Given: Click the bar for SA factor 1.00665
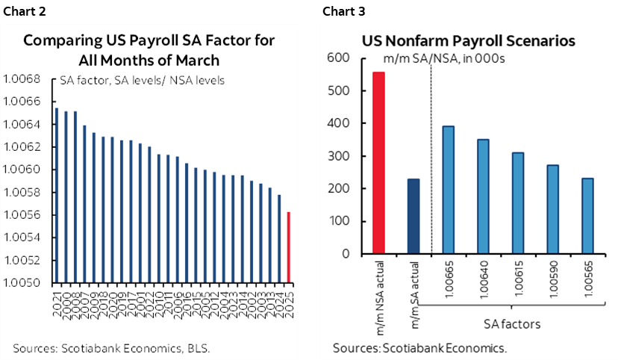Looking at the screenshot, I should pos(448,190).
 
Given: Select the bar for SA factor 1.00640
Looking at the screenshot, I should pos(483,196).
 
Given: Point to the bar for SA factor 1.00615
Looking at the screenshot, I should pos(517,203).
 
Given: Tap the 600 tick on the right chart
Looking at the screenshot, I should pos(340,59).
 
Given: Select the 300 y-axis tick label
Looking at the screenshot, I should pos(340,156).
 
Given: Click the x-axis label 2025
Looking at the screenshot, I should pos(289,298).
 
